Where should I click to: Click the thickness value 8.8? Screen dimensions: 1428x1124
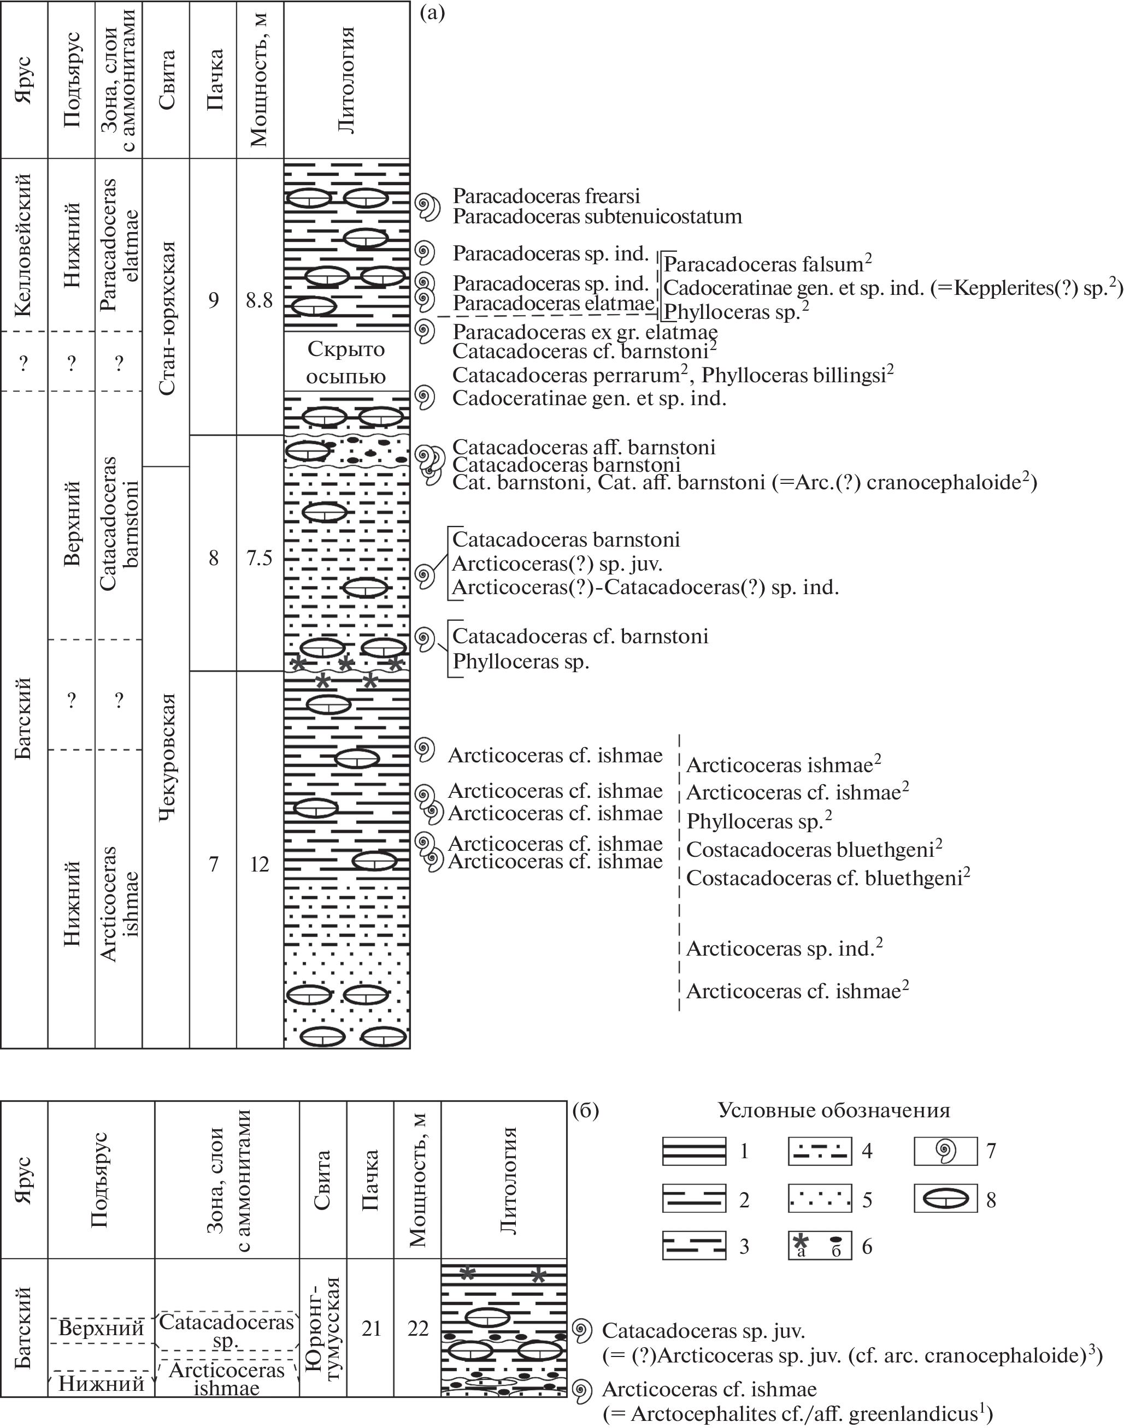(x=260, y=300)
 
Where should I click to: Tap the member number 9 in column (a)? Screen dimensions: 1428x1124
(x=213, y=300)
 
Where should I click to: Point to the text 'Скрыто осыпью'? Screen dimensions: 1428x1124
(x=346, y=363)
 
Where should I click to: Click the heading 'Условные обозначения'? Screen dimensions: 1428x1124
(x=833, y=1110)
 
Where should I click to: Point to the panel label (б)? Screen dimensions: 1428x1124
(x=585, y=1110)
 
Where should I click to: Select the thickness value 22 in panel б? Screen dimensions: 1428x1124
(x=418, y=1329)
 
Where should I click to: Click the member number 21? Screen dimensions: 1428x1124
(x=371, y=1329)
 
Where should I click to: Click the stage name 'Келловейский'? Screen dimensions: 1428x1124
(x=25, y=245)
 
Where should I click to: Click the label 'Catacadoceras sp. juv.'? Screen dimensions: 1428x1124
(x=703, y=1331)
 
